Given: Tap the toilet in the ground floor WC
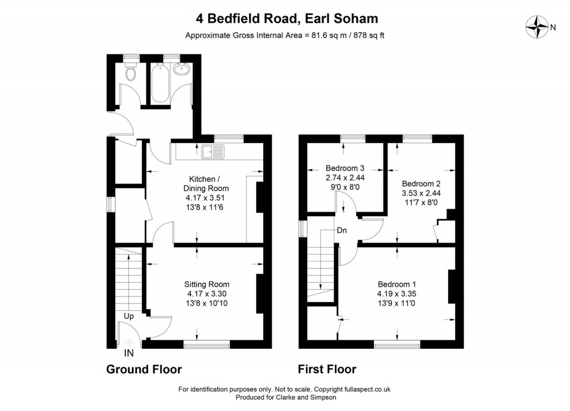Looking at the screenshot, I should pos(131,72).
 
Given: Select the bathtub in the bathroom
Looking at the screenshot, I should pos(159,84).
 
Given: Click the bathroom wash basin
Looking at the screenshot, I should pos(181,70).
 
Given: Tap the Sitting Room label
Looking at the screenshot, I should pos(207,284).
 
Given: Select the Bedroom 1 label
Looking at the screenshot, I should pos(397,281).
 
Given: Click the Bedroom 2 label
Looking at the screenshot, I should pos(421,184).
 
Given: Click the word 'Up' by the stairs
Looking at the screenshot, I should pos(128,316).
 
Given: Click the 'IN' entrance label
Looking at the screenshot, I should pos(129,353).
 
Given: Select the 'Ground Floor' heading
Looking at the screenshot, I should pos(144,369).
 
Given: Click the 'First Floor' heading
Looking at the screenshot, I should pos(327,369).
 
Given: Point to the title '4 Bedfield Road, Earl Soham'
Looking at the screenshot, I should pos(287,18).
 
